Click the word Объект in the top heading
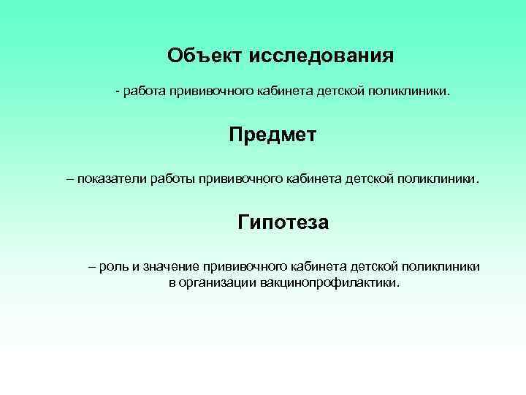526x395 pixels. [205, 56]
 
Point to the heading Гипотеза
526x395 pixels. [283, 221]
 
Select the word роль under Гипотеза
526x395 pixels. [114, 267]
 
